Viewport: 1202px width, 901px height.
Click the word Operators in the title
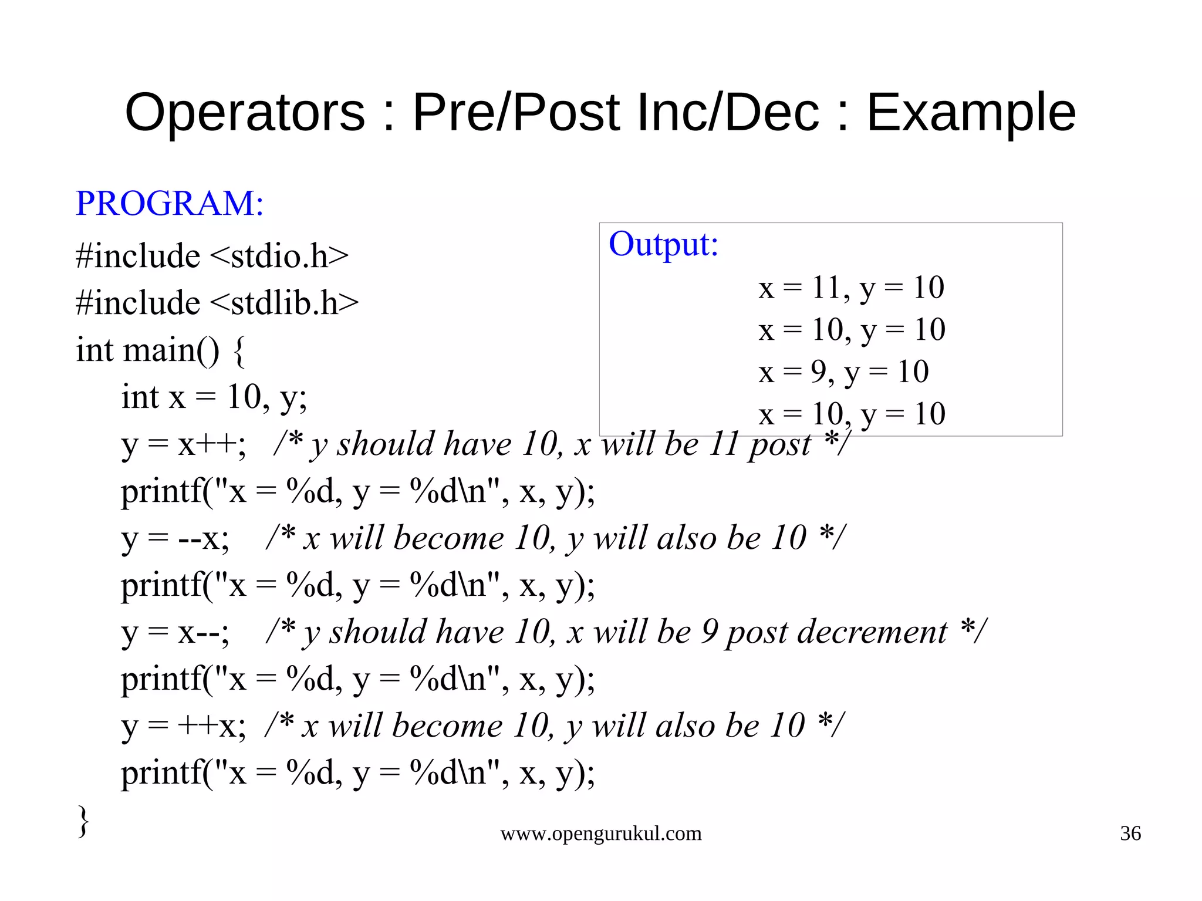[x=245, y=113]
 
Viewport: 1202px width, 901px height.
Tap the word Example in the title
[x=971, y=113]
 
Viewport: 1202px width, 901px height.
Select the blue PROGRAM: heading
[x=170, y=203]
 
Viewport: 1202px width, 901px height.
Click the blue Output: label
[x=663, y=244]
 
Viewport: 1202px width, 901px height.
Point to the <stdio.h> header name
[x=279, y=256]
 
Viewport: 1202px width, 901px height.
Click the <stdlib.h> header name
[x=283, y=303]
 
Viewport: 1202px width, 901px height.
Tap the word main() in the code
[x=171, y=350]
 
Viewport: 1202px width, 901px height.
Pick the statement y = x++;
[x=184, y=444]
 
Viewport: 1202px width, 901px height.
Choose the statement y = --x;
[x=175, y=538]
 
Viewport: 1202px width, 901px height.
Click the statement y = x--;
[x=175, y=632]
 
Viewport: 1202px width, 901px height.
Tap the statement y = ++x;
[x=184, y=726]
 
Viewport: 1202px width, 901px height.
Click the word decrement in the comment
[x=836, y=632]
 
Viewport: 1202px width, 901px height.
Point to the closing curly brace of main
[x=83, y=821]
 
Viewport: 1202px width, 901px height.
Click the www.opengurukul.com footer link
[x=600, y=833]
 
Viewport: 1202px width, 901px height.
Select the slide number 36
[x=1130, y=833]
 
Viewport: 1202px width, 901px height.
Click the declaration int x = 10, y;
[x=214, y=397]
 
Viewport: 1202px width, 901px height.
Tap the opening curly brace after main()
[x=239, y=351]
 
